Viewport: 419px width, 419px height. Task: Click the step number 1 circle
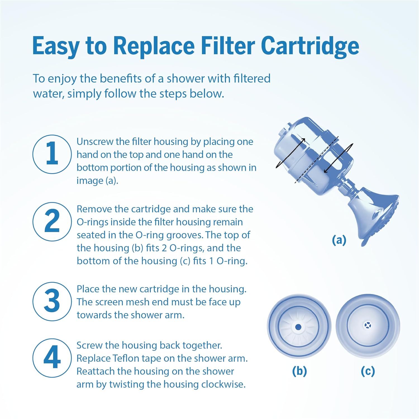52,154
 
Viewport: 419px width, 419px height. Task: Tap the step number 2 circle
52,222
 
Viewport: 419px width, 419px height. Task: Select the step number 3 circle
52,301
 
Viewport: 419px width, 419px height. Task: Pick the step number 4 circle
52,358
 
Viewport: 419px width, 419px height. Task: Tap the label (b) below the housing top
299,371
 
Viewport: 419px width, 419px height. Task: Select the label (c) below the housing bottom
368,371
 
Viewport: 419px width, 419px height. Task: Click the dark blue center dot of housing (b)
298,327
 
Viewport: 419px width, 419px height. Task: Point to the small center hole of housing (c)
367,325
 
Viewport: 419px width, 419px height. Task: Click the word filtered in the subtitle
252,78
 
